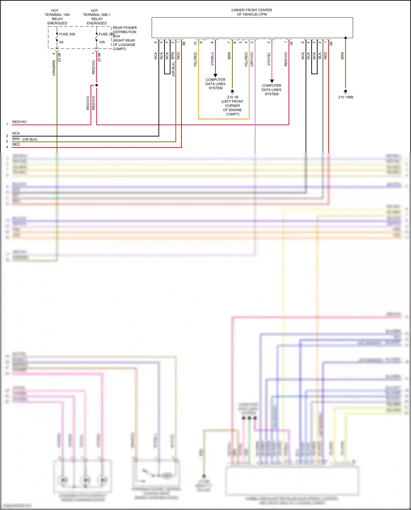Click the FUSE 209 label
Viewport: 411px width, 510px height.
click(x=67, y=34)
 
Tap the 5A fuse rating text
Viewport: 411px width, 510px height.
click(x=61, y=42)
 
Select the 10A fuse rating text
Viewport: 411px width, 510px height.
click(x=102, y=42)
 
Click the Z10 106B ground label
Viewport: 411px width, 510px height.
click(x=346, y=97)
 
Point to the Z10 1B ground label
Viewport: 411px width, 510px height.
click(x=232, y=97)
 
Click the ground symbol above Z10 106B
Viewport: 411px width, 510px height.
click(x=346, y=92)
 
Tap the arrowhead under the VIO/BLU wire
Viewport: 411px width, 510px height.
click(x=215, y=75)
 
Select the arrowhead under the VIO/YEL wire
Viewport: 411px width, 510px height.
click(x=272, y=81)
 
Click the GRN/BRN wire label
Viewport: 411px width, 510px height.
click(x=54, y=68)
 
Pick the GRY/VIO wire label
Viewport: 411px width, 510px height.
click(x=252, y=59)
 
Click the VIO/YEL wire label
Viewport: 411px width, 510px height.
click(x=269, y=59)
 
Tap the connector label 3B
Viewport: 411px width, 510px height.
click(x=184, y=43)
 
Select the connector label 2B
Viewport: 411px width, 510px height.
click(x=331, y=43)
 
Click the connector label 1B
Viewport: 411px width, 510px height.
click(x=292, y=43)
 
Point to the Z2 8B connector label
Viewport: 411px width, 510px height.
click(x=99, y=57)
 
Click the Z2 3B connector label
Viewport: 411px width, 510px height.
click(x=59, y=57)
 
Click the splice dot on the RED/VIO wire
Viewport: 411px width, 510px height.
click(x=96, y=85)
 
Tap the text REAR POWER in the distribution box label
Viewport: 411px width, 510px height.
click(x=125, y=28)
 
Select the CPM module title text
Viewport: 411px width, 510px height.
click(x=252, y=12)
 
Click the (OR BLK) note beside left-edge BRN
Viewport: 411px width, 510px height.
click(x=30, y=139)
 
